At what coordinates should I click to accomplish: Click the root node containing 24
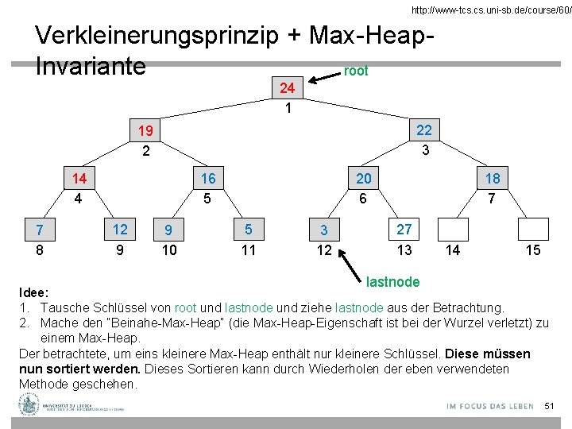coord(288,87)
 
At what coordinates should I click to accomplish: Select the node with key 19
coord(145,130)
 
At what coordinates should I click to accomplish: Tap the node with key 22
coord(424,129)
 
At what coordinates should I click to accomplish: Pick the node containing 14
coord(79,179)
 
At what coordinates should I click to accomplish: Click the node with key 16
coord(207,179)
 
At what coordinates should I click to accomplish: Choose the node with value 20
coord(363,179)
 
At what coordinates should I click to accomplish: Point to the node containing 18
coord(492,179)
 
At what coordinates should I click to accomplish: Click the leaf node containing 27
coord(404,230)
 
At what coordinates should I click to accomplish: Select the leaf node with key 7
coord(39,231)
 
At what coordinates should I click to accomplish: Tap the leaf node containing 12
coord(120,230)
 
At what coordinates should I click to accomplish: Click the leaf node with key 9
coord(168,231)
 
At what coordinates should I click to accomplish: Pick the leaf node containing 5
coord(249,230)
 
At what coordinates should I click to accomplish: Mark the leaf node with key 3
coord(324,231)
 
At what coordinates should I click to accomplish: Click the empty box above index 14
coord(453,230)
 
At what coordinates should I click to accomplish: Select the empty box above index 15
coord(533,230)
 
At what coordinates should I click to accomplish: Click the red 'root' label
coord(356,71)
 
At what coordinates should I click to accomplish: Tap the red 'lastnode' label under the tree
coord(392,281)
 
